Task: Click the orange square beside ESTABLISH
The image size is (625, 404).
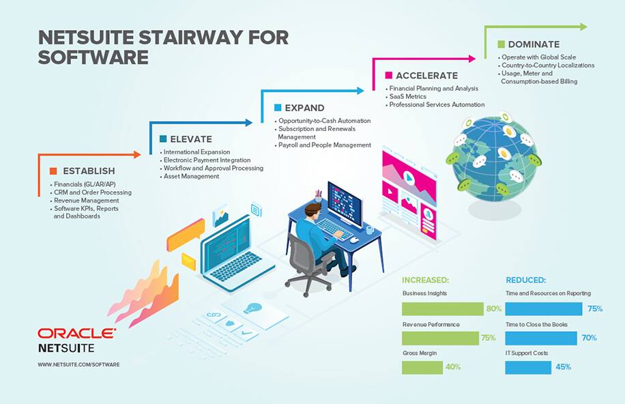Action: coord(53,171)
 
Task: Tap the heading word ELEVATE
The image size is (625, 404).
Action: coord(191,139)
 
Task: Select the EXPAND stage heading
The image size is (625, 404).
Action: coord(304,108)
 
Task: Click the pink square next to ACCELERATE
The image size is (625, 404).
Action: coord(389,75)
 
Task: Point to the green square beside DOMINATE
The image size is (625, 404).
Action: coord(501,44)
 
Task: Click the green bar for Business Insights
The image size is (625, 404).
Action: coord(443,308)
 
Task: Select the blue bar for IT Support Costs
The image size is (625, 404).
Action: coord(528,367)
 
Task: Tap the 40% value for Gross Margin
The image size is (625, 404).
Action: coord(453,367)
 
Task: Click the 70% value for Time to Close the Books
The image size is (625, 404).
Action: coord(589,338)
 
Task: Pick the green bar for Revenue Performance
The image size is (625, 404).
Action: coord(440,338)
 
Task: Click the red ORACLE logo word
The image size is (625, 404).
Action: coord(76,334)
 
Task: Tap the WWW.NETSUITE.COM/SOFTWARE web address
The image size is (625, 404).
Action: coord(78,364)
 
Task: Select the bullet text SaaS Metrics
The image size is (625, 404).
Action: coord(408,96)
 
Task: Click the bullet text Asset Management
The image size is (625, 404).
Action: coord(191,176)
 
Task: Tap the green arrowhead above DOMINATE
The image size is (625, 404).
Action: coord(583,27)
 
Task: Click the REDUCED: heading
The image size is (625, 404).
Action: coord(526,280)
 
